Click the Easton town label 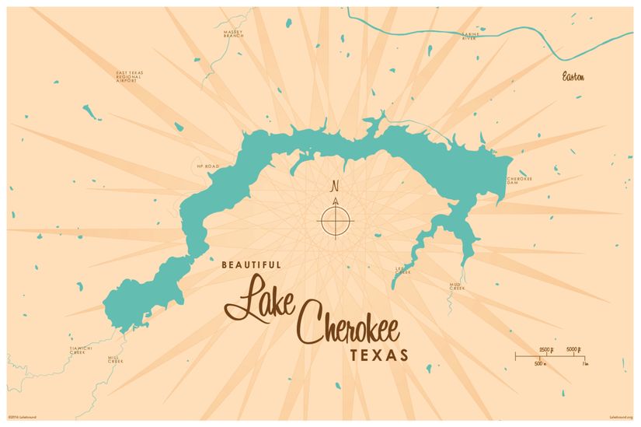click(574, 77)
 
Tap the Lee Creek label click(402, 271)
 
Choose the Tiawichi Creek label click(81, 350)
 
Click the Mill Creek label click(116, 360)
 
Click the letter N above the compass click(335, 187)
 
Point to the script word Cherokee click(349, 326)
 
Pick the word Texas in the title click(381, 356)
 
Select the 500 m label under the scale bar click(539, 363)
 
